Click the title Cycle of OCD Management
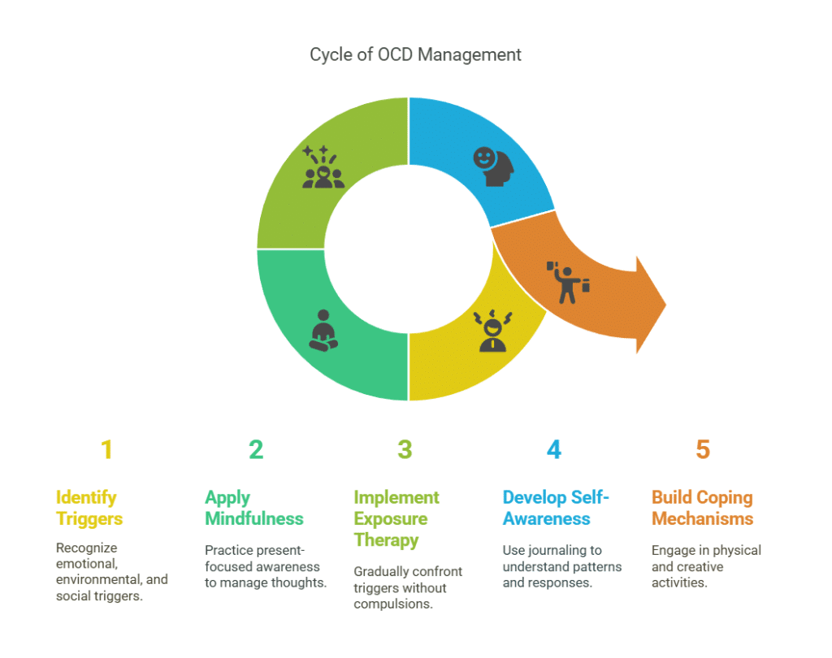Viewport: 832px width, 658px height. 415,55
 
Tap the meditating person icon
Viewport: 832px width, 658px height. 323,330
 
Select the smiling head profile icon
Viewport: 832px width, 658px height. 494,166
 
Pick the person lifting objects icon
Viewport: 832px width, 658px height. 569,281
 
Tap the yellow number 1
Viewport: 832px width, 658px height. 106,449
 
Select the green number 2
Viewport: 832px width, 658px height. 256,449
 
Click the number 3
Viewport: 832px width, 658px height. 405,449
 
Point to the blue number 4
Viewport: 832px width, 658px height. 554,449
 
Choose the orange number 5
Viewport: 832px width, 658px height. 703,449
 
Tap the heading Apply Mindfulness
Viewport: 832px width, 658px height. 254,508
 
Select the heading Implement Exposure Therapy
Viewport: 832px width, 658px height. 396,518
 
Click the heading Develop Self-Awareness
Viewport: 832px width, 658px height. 557,508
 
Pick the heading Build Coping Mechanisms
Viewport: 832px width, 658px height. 702,508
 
